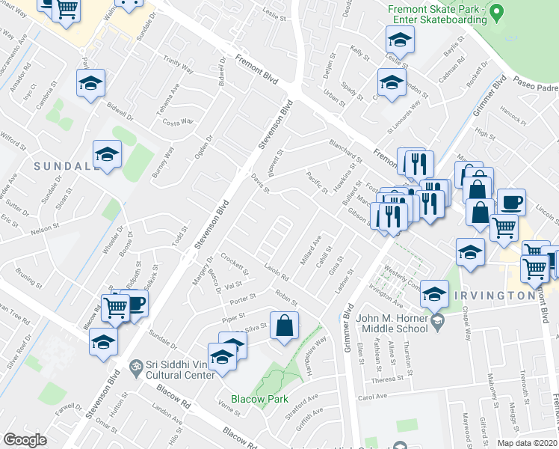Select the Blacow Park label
click(x=259, y=400)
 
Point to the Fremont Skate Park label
click(x=438, y=13)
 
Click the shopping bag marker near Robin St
click(x=285, y=326)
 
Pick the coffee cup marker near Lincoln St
click(x=511, y=202)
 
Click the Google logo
click(x=25, y=440)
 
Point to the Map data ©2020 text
click(x=528, y=443)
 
